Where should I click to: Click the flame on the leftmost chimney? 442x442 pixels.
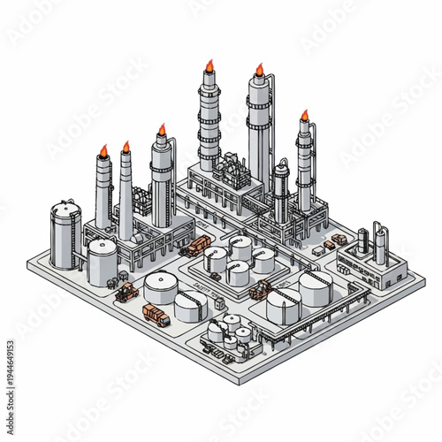(x=103, y=150)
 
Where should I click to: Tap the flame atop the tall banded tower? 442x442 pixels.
(x=210, y=65)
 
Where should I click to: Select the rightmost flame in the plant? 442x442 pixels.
(x=304, y=115)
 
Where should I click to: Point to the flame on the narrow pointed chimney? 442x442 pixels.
(x=126, y=147)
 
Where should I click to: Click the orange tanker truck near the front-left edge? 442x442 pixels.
(x=156, y=315)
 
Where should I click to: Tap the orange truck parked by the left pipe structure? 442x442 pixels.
(x=195, y=248)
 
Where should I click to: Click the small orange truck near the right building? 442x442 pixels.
(x=339, y=240)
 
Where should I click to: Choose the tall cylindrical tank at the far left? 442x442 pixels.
(x=65, y=233)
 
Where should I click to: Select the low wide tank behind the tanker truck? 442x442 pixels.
(x=161, y=288)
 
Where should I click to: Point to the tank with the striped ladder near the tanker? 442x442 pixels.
(x=192, y=306)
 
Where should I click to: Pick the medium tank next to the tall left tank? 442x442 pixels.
(x=103, y=262)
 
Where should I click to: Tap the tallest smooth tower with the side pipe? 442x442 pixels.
(x=259, y=133)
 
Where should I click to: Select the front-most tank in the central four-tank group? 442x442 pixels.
(x=237, y=273)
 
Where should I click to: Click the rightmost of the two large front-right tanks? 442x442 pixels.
(x=315, y=288)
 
